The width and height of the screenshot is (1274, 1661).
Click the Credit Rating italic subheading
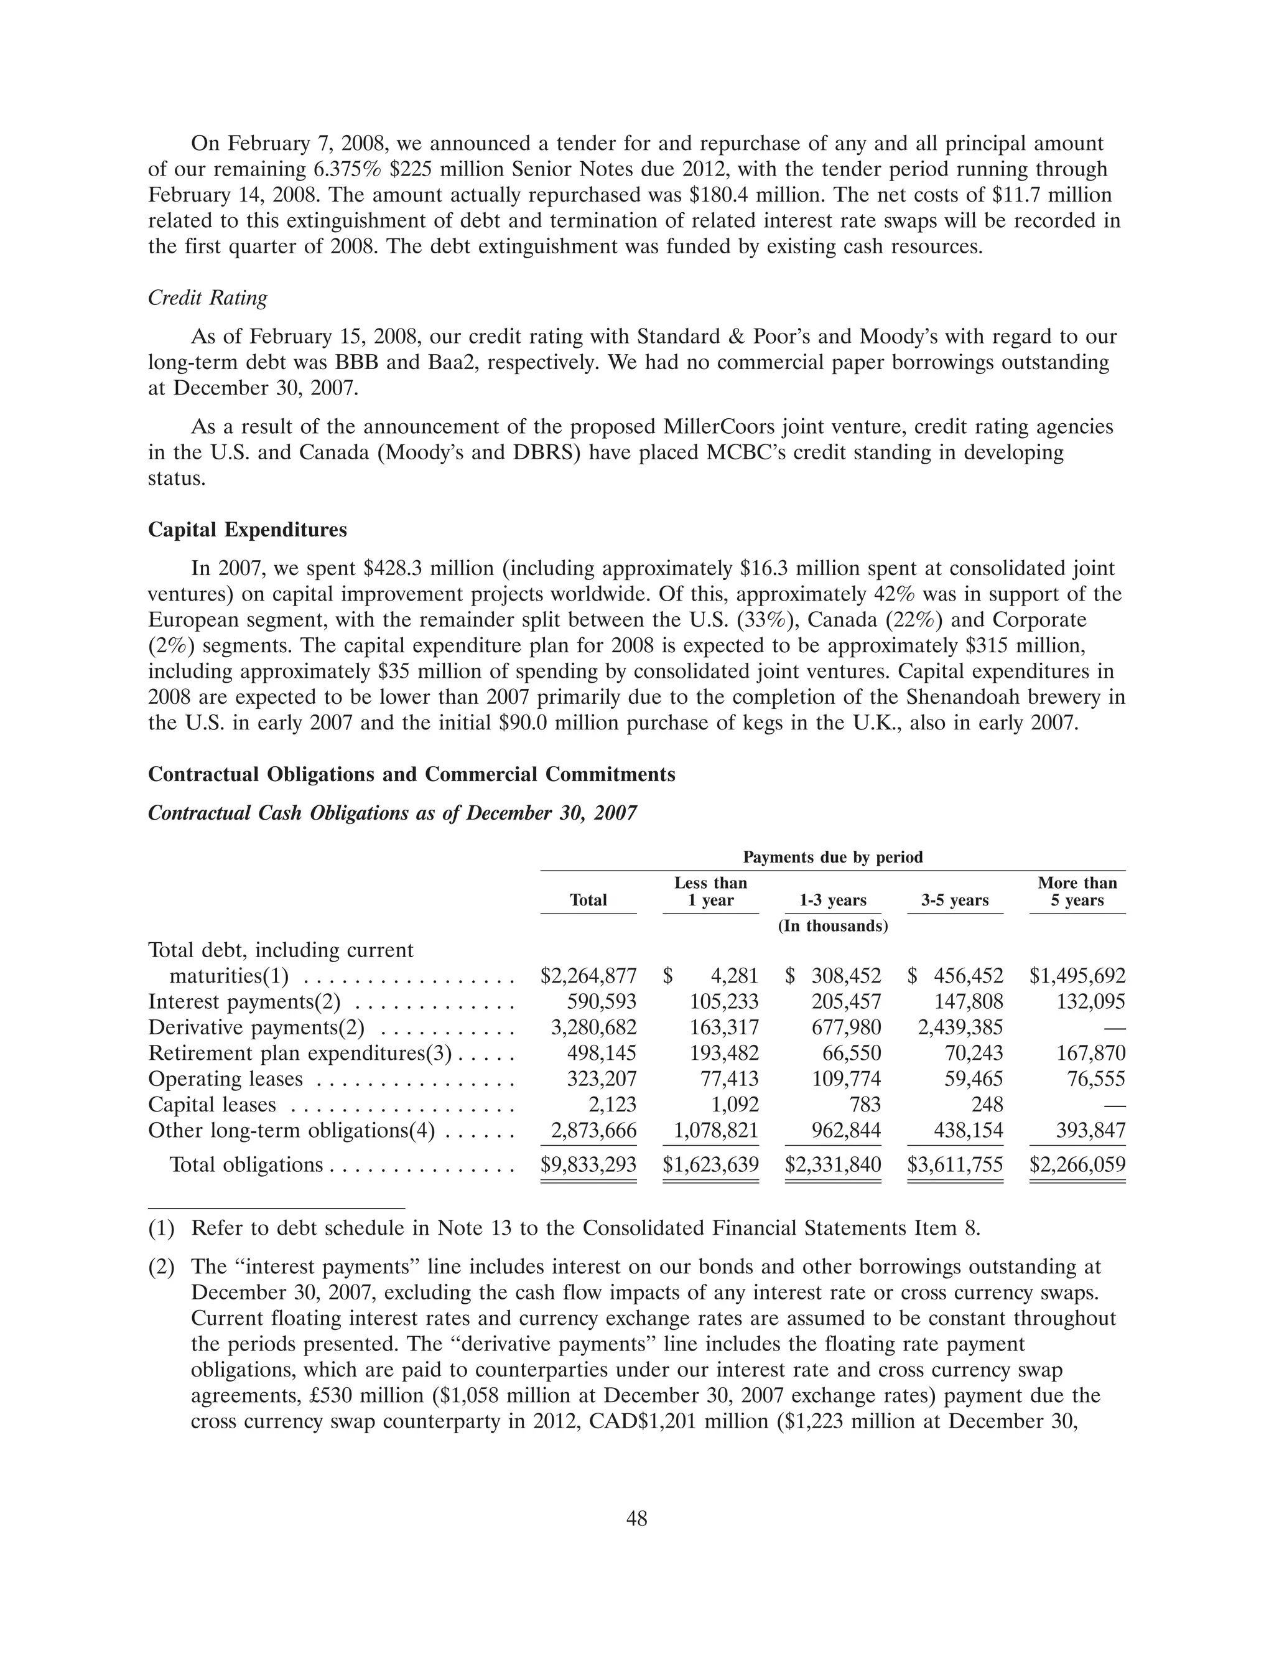click(207, 298)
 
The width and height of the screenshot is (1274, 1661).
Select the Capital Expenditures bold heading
click(247, 530)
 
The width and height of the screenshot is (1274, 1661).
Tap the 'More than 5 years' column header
click(1077, 891)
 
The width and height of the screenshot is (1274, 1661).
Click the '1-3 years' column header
click(833, 901)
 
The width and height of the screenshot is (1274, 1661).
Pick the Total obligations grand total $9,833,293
click(588, 1164)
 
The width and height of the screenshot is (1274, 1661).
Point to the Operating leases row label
click(225, 1078)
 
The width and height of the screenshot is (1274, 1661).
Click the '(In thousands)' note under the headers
click(833, 926)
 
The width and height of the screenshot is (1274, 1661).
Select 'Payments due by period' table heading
click(833, 857)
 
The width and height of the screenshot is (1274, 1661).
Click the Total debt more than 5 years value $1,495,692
click(1077, 976)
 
